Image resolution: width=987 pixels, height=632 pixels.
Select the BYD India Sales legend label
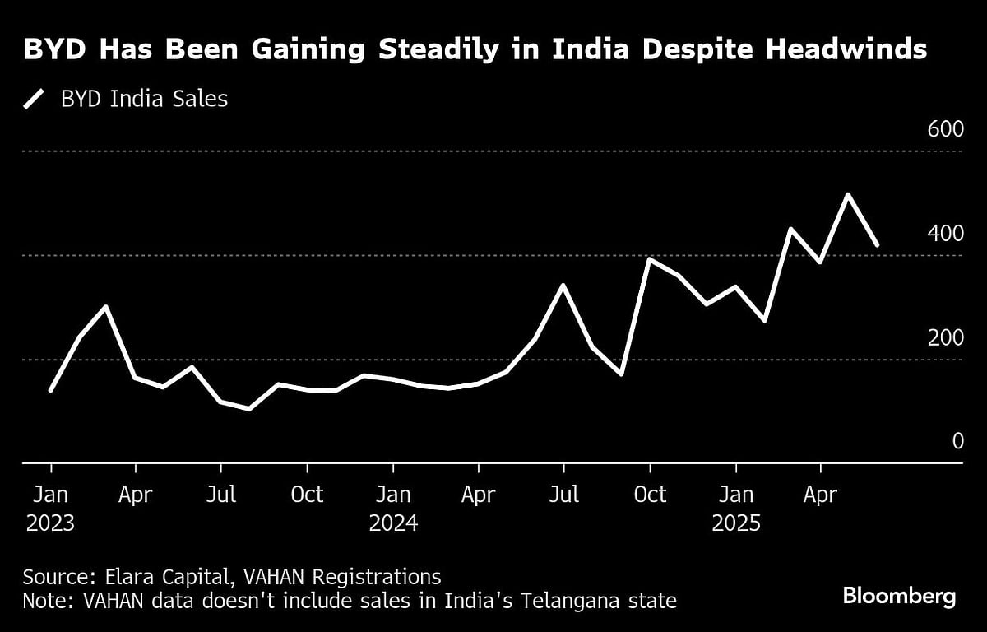point(144,100)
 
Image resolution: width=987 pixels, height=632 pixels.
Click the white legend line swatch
point(34,100)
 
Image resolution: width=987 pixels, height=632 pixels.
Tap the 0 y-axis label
point(957,442)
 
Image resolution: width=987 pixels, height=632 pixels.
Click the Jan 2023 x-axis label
point(50,509)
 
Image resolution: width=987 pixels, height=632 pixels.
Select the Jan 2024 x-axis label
point(393,509)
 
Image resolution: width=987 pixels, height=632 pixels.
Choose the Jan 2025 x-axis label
point(735,509)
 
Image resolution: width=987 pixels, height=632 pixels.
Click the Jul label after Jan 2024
point(563,495)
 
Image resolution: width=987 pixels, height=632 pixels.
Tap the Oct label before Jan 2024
point(307,495)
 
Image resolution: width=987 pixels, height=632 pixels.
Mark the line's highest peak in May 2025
point(848,195)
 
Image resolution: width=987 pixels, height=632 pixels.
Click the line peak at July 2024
point(563,286)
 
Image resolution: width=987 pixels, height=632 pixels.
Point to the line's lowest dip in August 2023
point(249,408)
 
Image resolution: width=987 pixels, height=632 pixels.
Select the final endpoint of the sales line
point(878,245)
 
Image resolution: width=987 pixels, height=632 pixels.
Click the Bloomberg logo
point(899,597)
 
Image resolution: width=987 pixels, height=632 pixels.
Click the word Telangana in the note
point(559,602)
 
